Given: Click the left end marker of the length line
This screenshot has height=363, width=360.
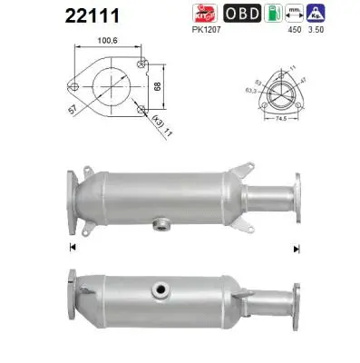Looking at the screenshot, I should click(70, 247).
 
